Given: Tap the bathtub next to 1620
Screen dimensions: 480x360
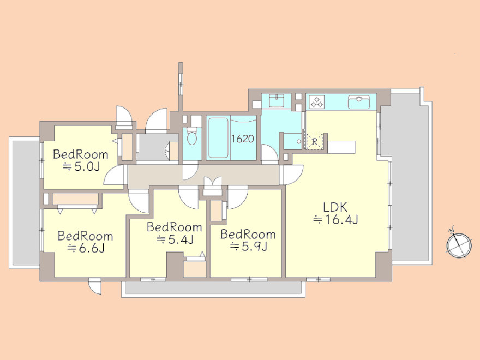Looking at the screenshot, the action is pos(218,138).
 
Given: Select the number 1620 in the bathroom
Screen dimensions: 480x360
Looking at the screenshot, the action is pos(242,139).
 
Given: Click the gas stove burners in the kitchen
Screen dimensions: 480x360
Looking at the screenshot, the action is pos(317,102).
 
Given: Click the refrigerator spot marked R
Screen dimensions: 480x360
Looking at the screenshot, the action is pos(315,141).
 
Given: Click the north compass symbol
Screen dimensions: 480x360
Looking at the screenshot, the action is pos(459,244).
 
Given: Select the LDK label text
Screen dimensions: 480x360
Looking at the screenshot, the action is pos(335,207).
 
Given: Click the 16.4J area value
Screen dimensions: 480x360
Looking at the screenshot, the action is pos(335,220).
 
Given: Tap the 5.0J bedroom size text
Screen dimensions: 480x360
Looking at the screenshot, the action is pos(81,166).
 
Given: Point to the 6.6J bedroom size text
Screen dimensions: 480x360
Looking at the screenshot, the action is pos(86,248).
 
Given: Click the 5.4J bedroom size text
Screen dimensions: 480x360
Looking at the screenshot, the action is pos(175,239).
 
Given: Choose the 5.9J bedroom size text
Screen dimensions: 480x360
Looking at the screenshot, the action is pos(248,246).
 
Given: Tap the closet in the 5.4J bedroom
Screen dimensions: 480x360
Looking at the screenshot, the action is pos(195,269).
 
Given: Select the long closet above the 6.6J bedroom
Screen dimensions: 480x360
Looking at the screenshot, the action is pos(75,199).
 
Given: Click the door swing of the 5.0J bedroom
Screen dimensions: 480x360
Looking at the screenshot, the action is pos(114,176).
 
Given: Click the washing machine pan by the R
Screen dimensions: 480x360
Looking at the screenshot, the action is pos(292,141).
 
